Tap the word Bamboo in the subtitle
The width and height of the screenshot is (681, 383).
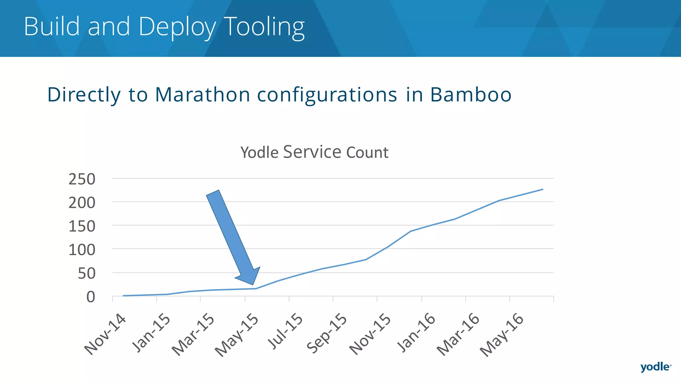[x=471, y=94]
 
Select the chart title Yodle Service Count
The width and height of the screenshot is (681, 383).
[x=314, y=152]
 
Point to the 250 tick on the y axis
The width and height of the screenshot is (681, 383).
[x=82, y=179]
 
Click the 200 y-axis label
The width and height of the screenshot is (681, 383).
[x=82, y=203]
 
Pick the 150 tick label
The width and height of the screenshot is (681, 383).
[x=82, y=226]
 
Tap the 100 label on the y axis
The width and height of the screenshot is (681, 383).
[x=82, y=250]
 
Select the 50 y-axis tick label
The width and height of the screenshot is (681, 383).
[x=86, y=274]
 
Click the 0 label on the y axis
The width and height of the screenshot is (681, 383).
[x=91, y=297]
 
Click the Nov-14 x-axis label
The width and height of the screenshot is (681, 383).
[x=105, y=334]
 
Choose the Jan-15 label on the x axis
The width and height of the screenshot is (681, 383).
[x=151, y=332]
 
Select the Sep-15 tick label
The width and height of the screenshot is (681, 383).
[x=327, y=333]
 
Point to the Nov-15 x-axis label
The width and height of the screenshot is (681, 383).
[x=370, y=334]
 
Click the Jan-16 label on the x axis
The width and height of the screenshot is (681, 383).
[x=416, y=332]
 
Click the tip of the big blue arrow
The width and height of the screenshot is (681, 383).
[x=253, y=285]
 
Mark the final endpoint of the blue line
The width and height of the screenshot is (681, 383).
[x=543, y=190]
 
